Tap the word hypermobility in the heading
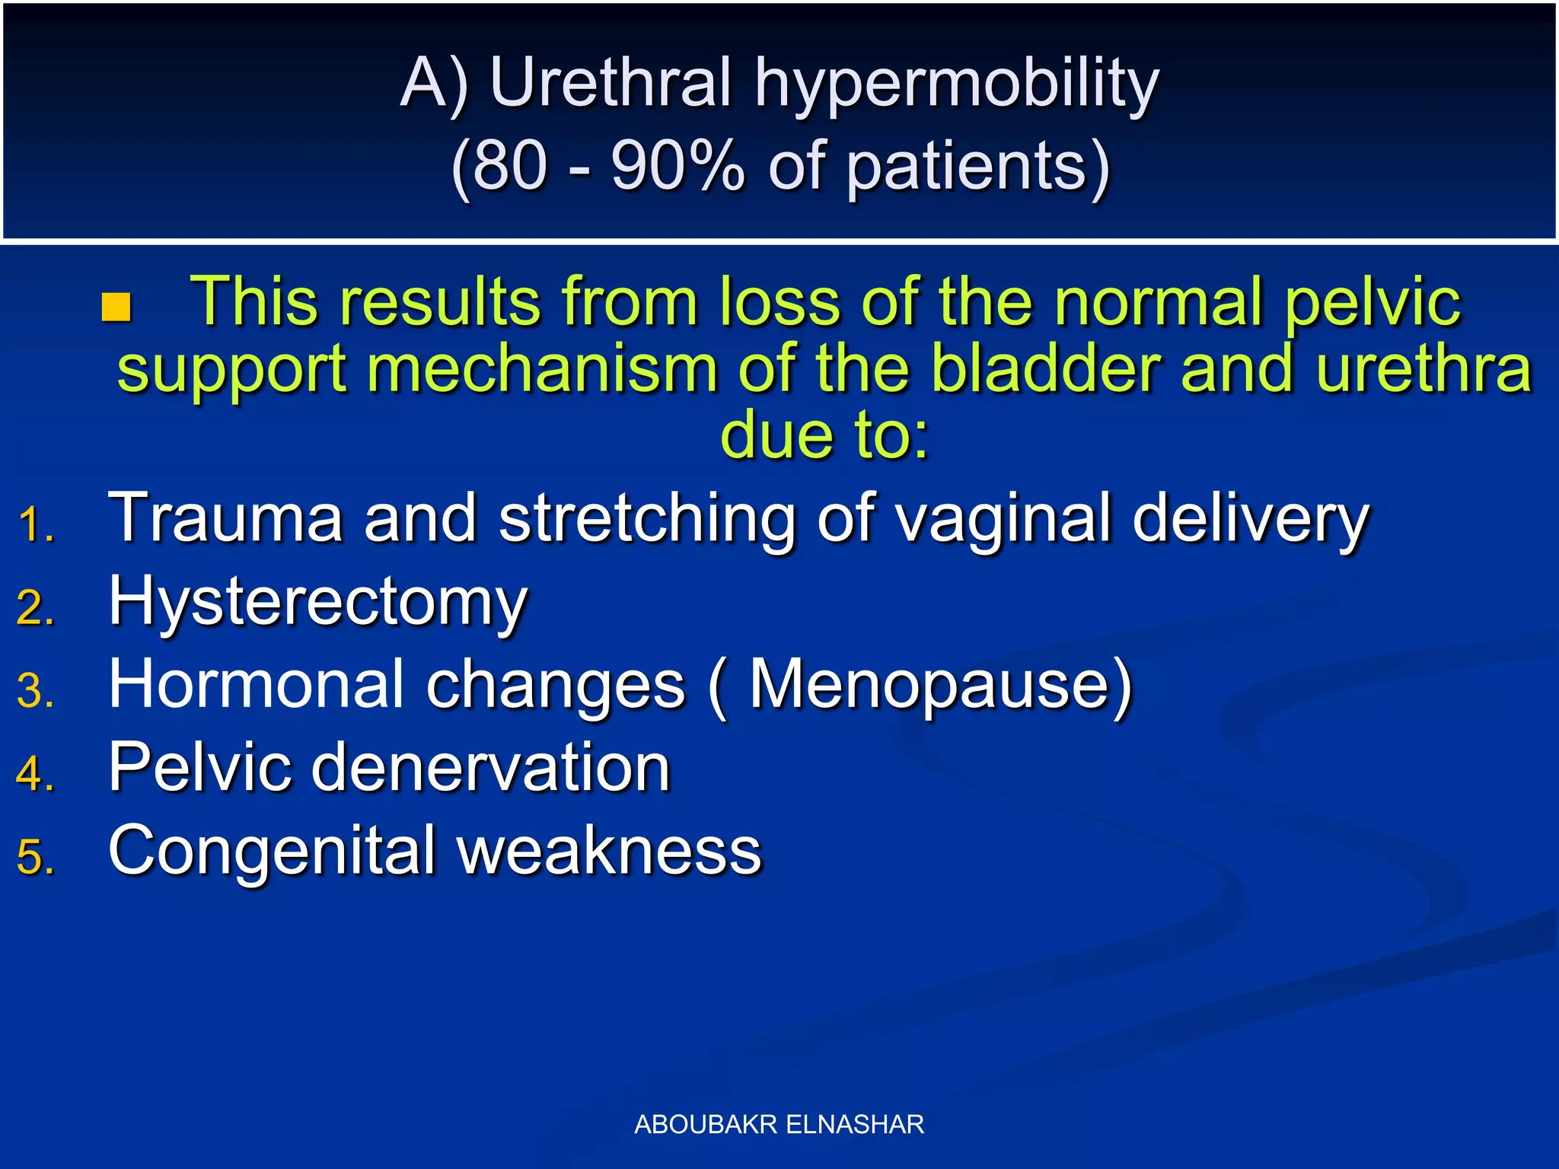coord(956,85)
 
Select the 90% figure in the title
coord(677,166)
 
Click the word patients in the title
coord(978,167)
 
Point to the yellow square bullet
coord(116,307)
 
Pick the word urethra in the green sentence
coord(1423,370)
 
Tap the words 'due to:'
coord(824,435)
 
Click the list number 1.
coord(35,525)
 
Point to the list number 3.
coord(35,691)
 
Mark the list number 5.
coord(35,857)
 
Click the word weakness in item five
coord(610,851)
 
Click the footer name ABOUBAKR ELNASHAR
coord(779,1124)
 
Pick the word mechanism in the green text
coord(543,370)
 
